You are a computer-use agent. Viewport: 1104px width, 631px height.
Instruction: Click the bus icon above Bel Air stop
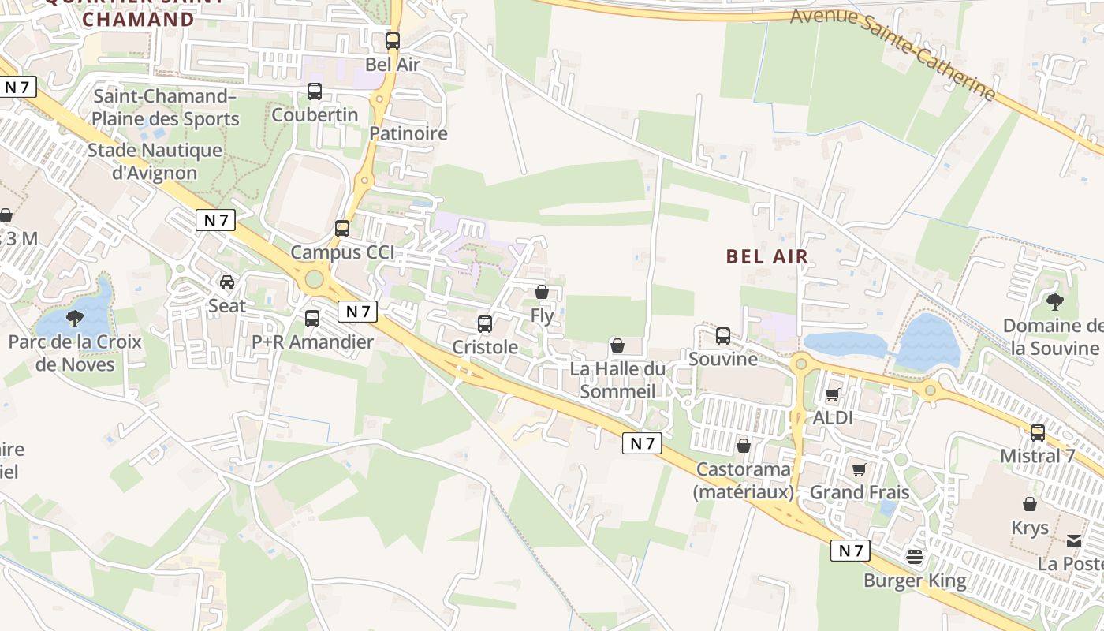click(x=392, y=41)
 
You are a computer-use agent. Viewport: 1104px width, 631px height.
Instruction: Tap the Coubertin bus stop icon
click(x=315, y=91)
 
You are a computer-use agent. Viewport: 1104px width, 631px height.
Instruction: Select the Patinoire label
click(x=408, y=133)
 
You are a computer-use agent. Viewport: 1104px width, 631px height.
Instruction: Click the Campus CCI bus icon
click(x=342, y=229)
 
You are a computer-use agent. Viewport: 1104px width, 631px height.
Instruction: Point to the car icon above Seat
click(x=227, y=282)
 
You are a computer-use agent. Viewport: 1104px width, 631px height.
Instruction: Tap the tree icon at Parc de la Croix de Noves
click(x=75, y=319)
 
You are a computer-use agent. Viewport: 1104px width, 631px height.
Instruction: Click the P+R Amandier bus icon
click(x=312, y=319)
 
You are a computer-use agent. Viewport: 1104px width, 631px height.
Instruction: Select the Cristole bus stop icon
click(x=485, y=323)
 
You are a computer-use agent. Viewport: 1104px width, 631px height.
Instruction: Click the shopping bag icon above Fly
click(x=542, y=292)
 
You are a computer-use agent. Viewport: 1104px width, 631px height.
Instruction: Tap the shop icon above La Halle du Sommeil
click(x=617, y=345)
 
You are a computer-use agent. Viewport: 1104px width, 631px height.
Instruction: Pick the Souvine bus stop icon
click(x=723, y=336)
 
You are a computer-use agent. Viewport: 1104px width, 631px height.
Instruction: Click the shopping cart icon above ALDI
click(x=833, y=394)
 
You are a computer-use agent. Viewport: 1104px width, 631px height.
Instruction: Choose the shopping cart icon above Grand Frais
click(x=860, y=469)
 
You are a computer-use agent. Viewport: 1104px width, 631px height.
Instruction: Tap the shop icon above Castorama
click(x=743, y=446)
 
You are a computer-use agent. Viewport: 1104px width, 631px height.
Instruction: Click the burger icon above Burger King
click(x=915, y=558)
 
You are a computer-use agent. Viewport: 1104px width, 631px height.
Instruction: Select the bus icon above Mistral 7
click(x=1038, y=432)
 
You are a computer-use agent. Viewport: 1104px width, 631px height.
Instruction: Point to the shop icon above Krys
click(x=1030, y=504)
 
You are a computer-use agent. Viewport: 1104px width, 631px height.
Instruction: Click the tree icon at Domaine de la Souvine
click(x=1054, y=301)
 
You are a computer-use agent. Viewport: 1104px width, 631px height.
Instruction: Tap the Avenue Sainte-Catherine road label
click(x=893, y=54)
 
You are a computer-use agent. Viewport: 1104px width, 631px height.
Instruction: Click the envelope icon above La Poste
click(x=1074, y=541)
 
